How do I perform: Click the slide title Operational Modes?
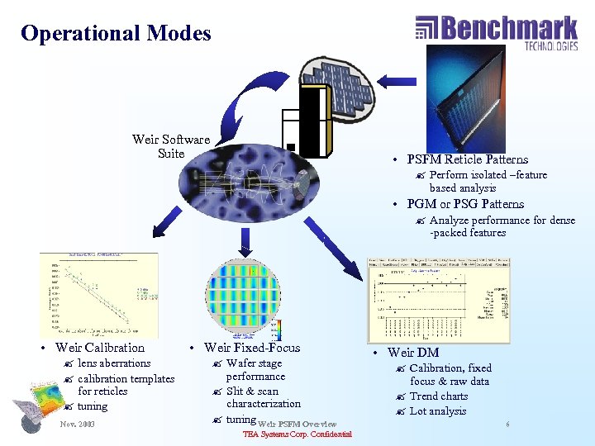click(x=116, y=34)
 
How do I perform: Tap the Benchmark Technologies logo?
click(x=496, y=32)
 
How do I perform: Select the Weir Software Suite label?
click(x=171, y=146)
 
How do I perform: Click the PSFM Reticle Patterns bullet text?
click(x=467, y=159)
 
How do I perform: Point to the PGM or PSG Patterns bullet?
click(x=465, y=204)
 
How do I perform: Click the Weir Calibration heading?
click(x=99, y=348)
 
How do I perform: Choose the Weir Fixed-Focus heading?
click(x=252, y=348)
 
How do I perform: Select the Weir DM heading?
click(x=416, y=353)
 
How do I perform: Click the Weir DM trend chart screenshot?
click(x=438, y=300)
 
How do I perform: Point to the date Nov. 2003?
click(x=78, y=425)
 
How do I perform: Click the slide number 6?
click(x=507, y=424)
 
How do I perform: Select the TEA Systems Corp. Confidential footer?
click(x=297, y=434)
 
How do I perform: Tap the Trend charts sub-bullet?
click(x=438, y=396)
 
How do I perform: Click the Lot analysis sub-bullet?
click(x=438, y=411)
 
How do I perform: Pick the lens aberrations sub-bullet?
click(x=114, y=363)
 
